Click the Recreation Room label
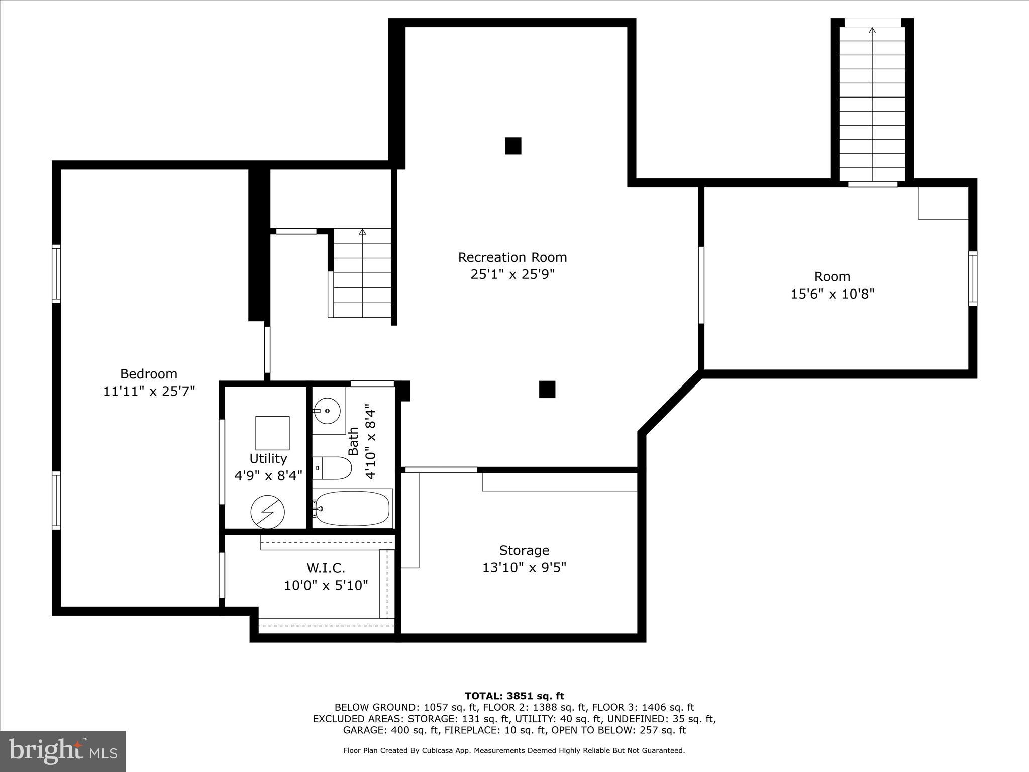tap(512, 257)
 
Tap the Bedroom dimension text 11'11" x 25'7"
tap(149, 391)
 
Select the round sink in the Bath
tap(327, 411)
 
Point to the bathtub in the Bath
tap(353, 508)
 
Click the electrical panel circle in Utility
tap(267, 512)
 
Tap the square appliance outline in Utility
tap(272, 433)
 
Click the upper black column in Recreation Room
tap(513, 146)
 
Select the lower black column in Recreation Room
tap(547, 389)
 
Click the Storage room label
tap(524, 550)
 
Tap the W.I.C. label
tap(326, 568)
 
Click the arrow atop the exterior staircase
tap(872, 31)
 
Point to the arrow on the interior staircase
tap(362, 232)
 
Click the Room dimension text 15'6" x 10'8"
tap(832, 294)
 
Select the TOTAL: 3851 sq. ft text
tap(514, 696)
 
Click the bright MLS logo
tap(63, 751)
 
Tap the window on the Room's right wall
tap(973, 278)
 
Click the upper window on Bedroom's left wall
tap(57, 273)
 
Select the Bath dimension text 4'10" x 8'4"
tap(370, 441)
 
